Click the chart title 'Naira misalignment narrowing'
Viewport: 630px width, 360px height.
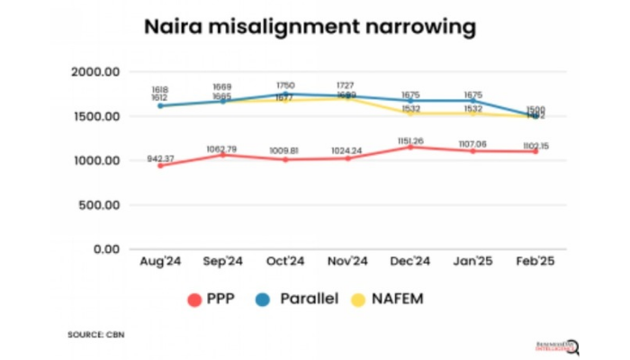coord(310,27)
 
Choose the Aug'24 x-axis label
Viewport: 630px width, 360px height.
coord(160,262)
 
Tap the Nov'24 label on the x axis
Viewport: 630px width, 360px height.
coord(346,262)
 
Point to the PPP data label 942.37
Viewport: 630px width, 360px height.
coord(160,158)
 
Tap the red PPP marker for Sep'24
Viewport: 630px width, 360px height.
coord(222,155)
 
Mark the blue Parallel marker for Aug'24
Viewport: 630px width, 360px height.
coord(160,105)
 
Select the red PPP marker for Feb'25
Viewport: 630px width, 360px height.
coord(535,151)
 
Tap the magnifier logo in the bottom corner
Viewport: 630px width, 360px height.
coord(571,346)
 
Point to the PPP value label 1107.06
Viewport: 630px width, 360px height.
coord(472,143)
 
